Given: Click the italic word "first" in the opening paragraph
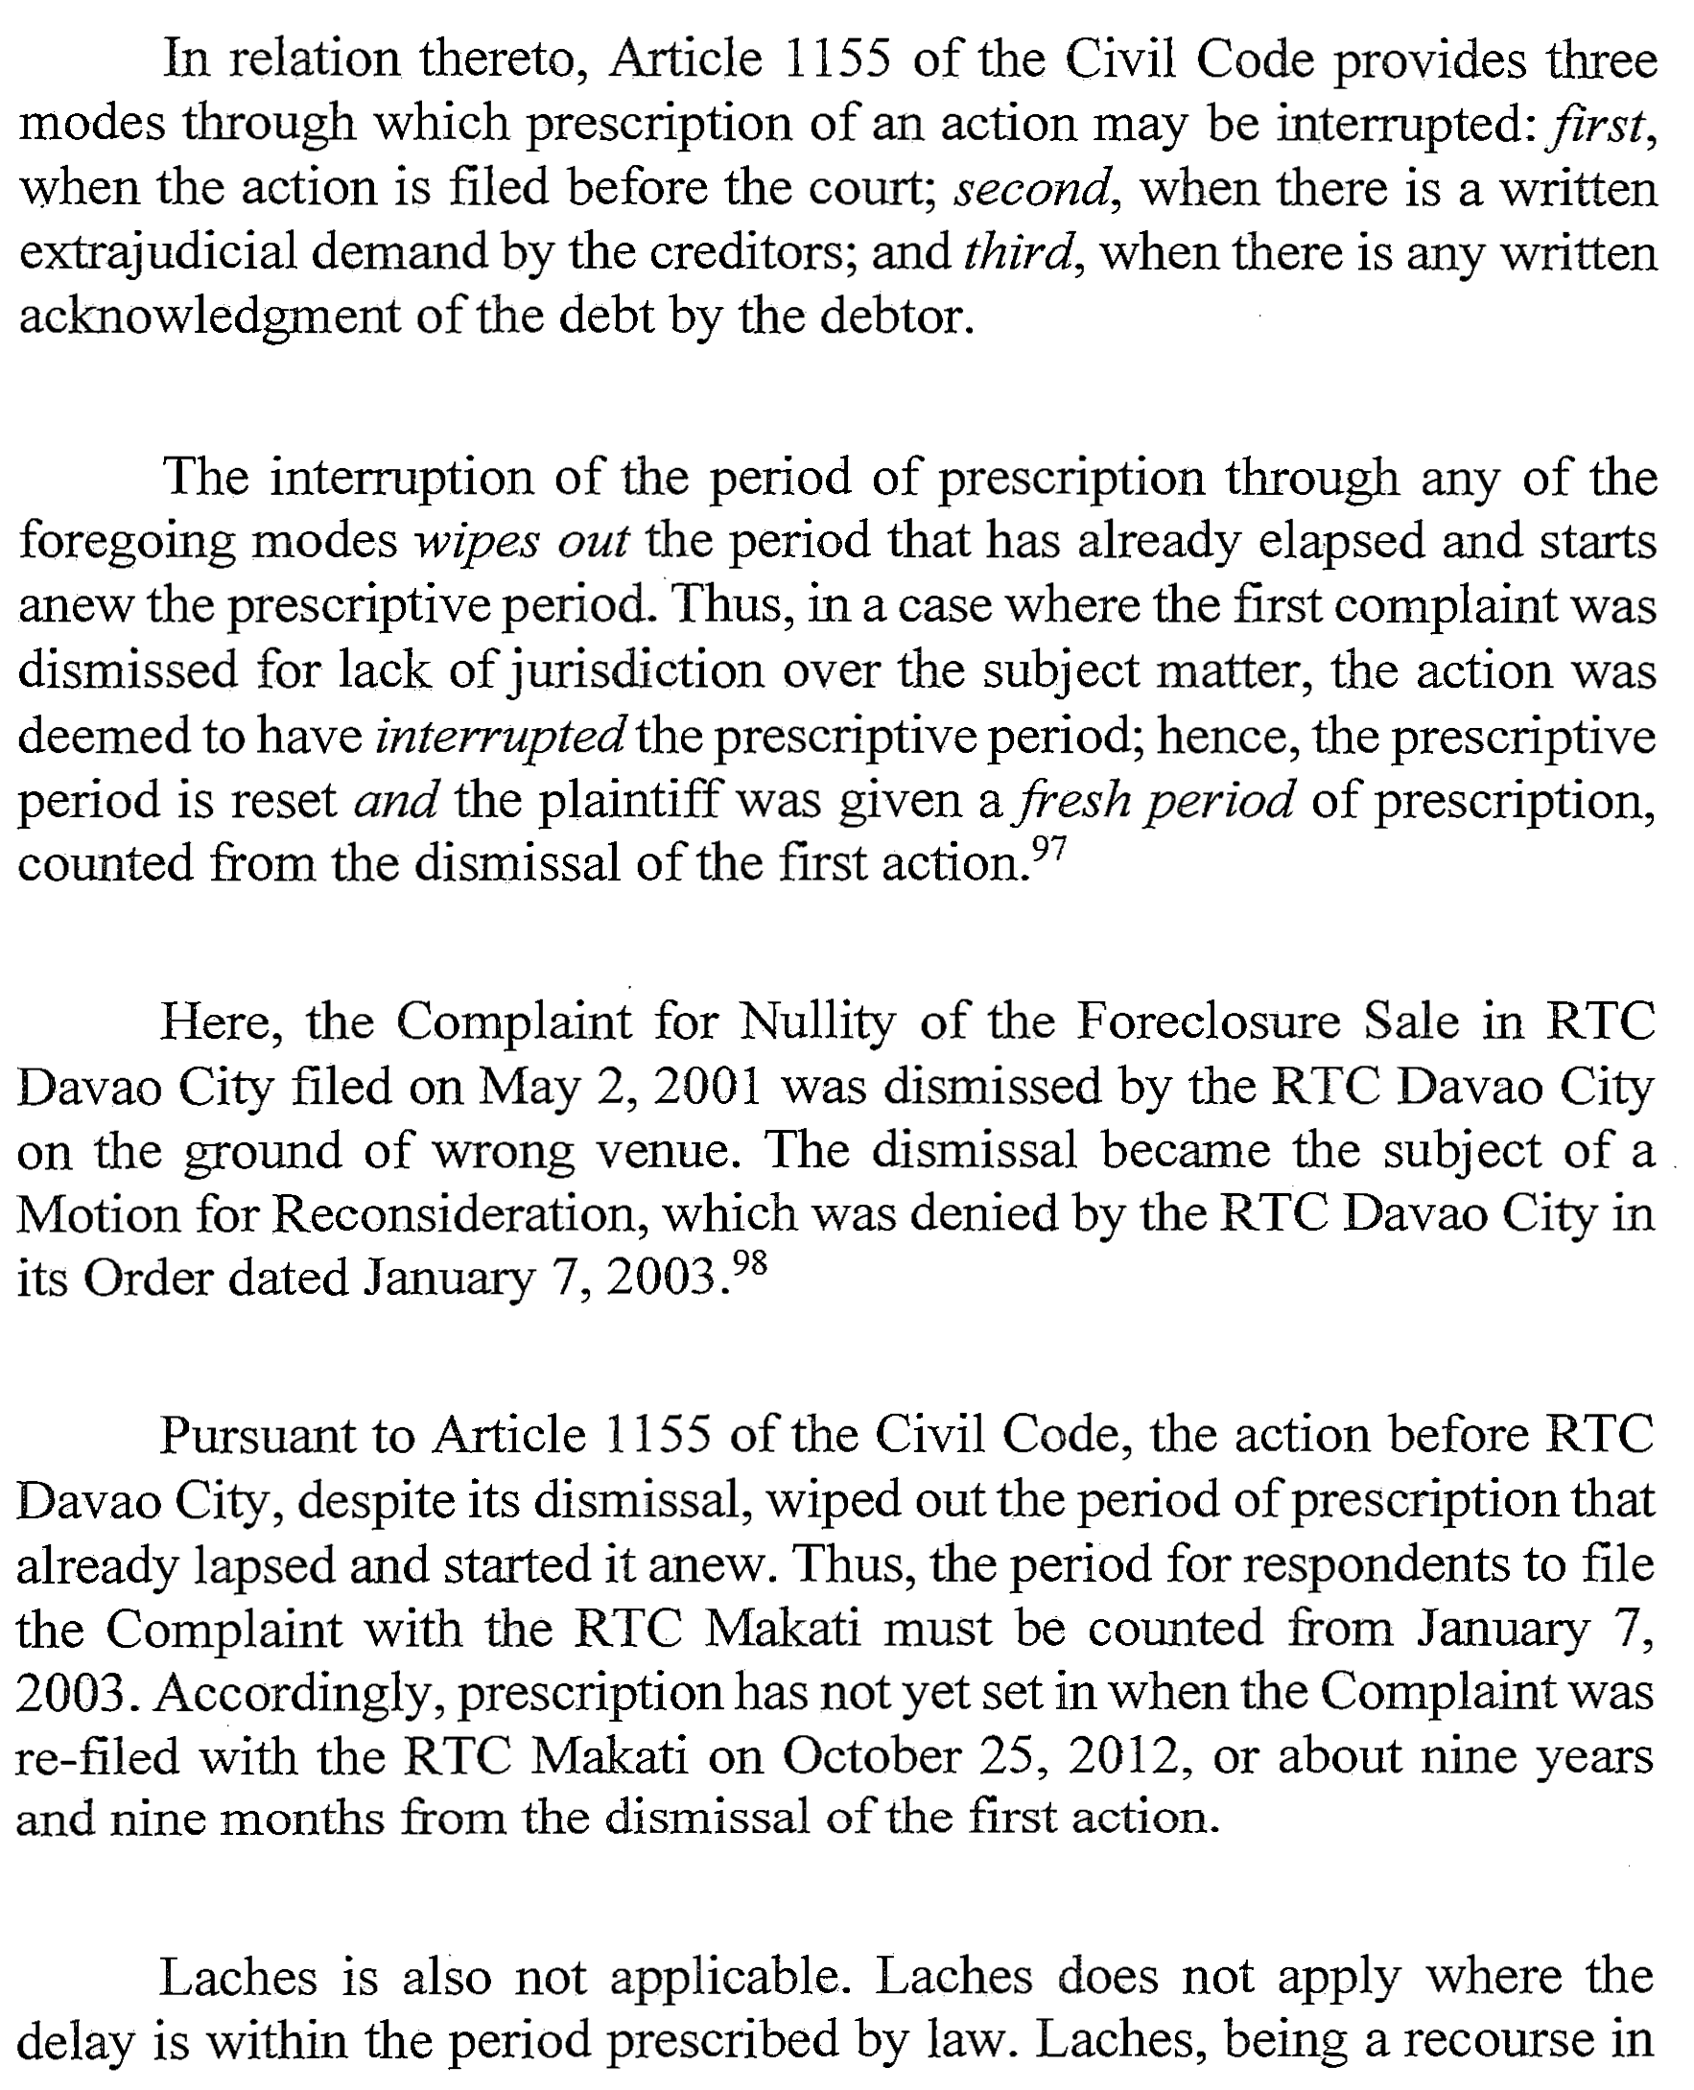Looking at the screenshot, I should (1598, 124).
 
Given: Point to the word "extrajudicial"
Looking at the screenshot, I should (157, 252).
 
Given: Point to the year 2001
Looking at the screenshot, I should (709, 1086).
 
